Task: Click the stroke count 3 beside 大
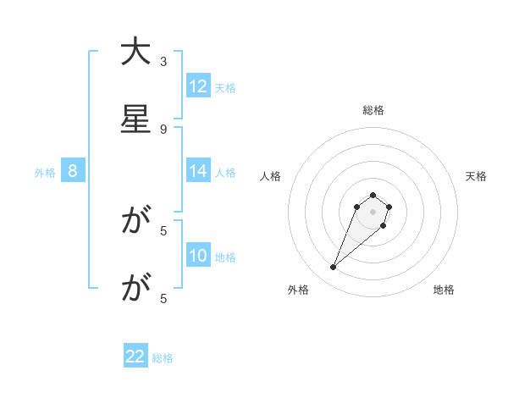pyautogui.click(x=163, y=61)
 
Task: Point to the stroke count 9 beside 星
pyautogui.click(x=163, y=129)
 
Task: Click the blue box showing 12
pyautogui.click(x=198, y=86)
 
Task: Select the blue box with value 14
pyautogui.click(x=198, y=171)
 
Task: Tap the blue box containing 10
pyautogui.click(x=198, y=256)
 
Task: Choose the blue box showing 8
pyautogui.click(x=73, y=171)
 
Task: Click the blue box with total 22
pyautogui.click(x=135, y=357)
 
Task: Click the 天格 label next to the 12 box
pyautogui.click(x=225, y=87)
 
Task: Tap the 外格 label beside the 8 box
pyautogui.click(x=45, y=172)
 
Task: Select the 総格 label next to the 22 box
pyautogui.click(x=163, y=358)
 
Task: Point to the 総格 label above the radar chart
pyautogui.click(x=373, y=110)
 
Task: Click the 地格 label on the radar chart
pyautogui.click(x=444, y=290)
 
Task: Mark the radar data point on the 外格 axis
pyautogui.click(x=333, y=268)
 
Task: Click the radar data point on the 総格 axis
pyautogui.click(x=373, y=192)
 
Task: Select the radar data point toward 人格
pyautogui.click(x=357, y=207)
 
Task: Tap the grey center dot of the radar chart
pyautogui.click(x=373, y=212)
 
